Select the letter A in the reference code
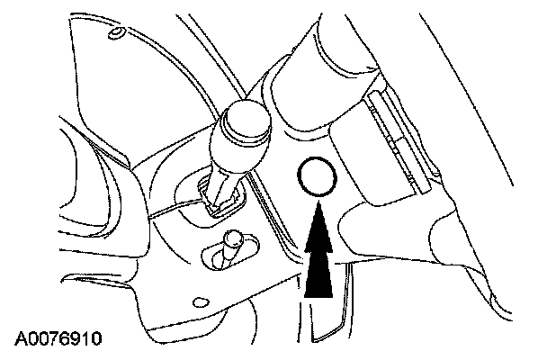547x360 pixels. (x=21, y=339)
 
